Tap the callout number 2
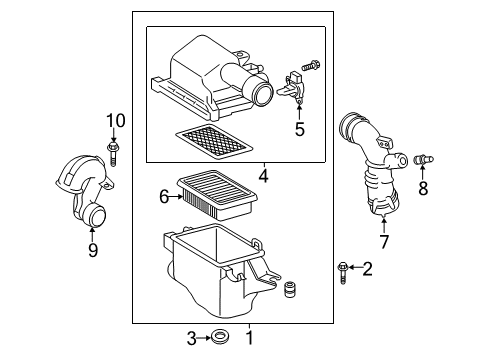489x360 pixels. pyautogui.click(x=368, y=267)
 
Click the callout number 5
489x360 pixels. pyautogui.click(x=297, y=128)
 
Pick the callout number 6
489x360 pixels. pyautogui.click(x=165, y=199)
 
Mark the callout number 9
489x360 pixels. pyautogui.click(x=92, y=249)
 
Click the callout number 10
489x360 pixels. pyautogui.click(x=114, y=121)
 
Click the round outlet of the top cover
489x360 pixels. pyautogui.click(x=264, y=95)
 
